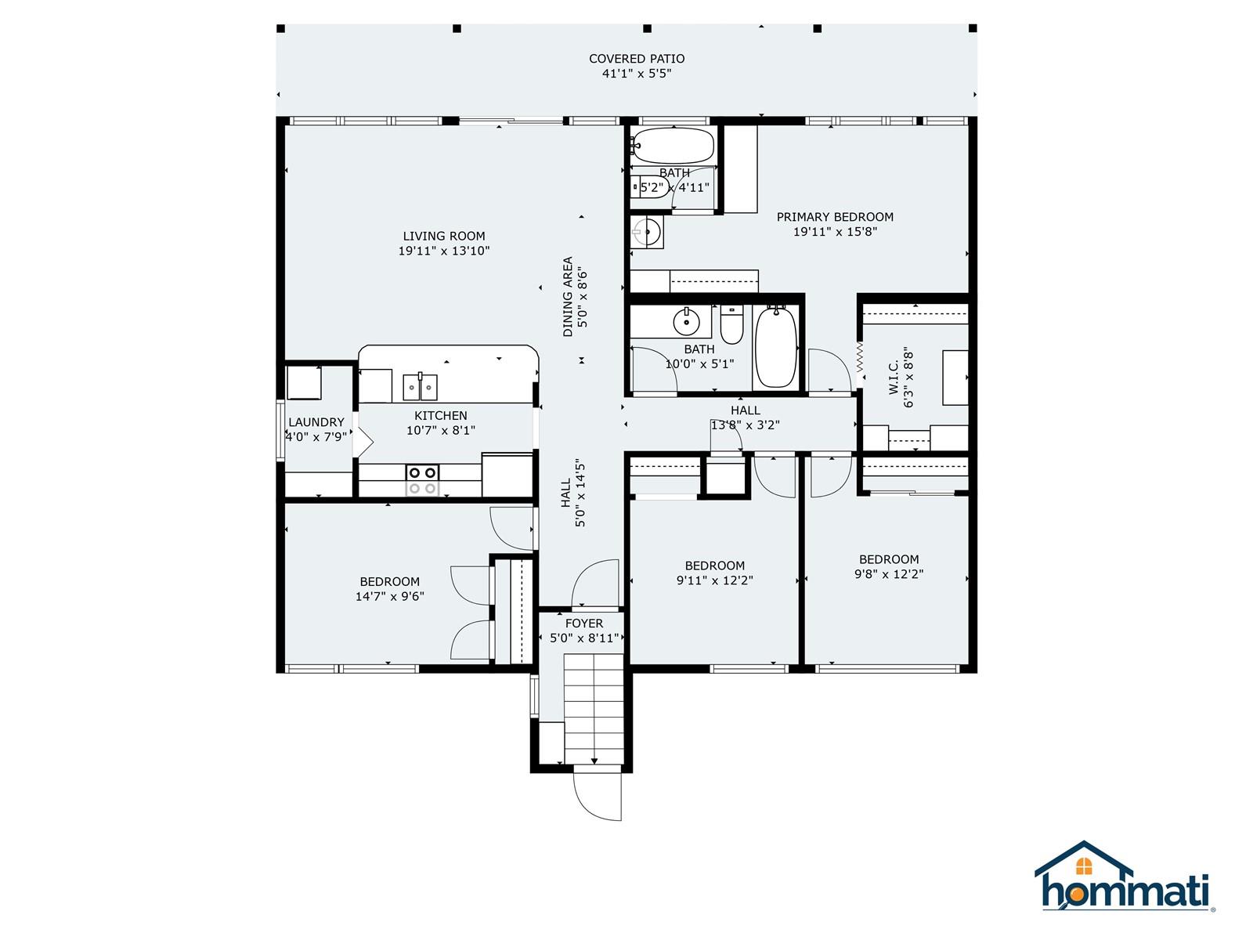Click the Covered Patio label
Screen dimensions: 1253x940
click(x=637, y=59)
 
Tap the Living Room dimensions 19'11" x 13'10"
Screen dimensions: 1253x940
click(x=444, y=251)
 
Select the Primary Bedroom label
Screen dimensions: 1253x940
click(x=835, y=217)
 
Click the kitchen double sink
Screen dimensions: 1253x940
click(x=420, y=388)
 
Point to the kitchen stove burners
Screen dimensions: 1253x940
click(x=422, y=480)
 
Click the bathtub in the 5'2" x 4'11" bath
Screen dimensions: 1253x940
click(x=673, y=146)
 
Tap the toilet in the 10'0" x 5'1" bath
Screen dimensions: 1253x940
click(x=731, y=324)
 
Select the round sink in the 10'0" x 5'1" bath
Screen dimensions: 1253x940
click(x=686, y=323)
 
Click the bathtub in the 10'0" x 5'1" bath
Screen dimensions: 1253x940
click(x=776, y=346)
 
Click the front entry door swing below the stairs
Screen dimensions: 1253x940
click(x=597, y=797)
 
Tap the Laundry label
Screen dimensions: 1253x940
click(x=316, y=422)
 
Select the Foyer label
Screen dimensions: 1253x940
click(x=584, y=624)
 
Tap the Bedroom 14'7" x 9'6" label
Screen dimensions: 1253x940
click(x=390, y=581)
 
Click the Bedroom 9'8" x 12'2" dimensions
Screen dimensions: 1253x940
click(x=889, y=574)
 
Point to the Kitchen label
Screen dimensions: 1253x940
click(x=441, y=415)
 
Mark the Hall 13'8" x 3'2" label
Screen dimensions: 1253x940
click(x=746, y=410)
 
